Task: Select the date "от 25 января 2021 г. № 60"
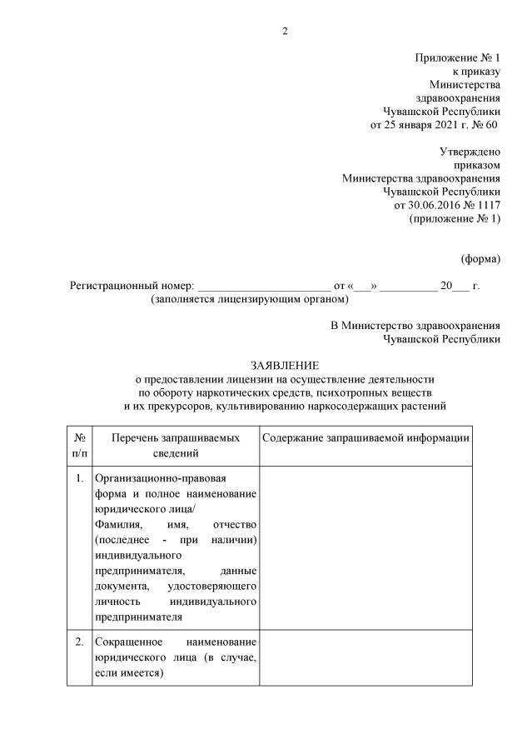pyautogui.click(x=435, y=125)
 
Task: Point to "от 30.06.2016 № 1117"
pyautogui.click(x=447, y=205)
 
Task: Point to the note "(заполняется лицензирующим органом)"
pyautogui.click(x=249, y=298)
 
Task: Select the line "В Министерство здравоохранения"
pyautogui.click(x=415, y=326)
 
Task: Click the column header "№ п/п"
pyautogui.click(x=79, y=446)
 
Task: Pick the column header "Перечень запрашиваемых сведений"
pyautogui.click(x=176, y=446)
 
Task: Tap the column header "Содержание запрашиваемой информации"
pyautogui.click(x=365, y=438)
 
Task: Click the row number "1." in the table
pyautogui.click(x=79, y=478)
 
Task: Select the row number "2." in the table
pyautogui.click(x=79, y=642)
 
